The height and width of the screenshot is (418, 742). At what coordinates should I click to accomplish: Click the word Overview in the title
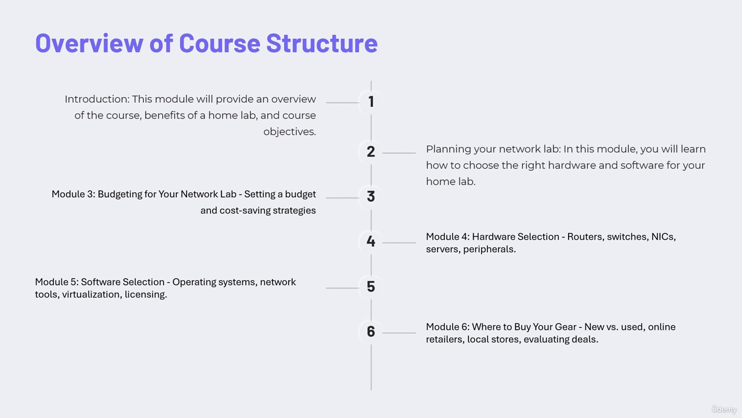(x=89, y=44)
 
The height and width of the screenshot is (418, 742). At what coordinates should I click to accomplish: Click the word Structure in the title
(x=322, y=44)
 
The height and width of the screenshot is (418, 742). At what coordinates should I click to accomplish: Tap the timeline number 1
(x=371, y=102)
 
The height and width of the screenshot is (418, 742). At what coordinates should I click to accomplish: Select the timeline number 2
(x=370, y=152)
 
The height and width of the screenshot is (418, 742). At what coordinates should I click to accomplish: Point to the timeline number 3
(x=370, y=196)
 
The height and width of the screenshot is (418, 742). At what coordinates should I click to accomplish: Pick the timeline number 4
(x=370, y=241)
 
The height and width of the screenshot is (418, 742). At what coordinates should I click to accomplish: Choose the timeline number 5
(x=370, y=286)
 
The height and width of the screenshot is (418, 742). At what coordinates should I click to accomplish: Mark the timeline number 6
(x=370, y=331)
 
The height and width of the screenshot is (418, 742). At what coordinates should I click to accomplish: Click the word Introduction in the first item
(x=97, y=99)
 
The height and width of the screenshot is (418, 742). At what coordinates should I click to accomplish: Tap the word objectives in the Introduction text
(x=289, y=132)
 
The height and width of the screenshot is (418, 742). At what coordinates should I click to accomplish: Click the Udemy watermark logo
(x=724, y=409)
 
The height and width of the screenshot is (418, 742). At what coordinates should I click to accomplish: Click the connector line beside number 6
(x=399, y=333)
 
